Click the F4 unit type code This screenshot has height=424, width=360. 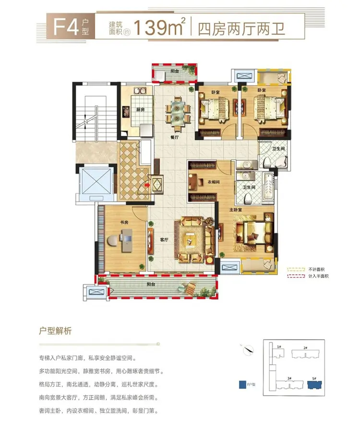pyautogui.click(x=66, y=27)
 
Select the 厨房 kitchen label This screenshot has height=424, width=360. pyautogui.click(x=140, y=109)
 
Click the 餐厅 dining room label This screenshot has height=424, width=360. pyautogui.click(x=175, y=137)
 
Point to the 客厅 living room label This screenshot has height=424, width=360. pyautogui.click(x=164, y=240)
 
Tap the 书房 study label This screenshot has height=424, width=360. pyautogui.click(x=124, y=222)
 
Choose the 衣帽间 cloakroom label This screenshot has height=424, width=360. pyautogui.click(x=213, y=182)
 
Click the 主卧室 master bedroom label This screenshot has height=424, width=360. pyautogui.click(x=236, y=210)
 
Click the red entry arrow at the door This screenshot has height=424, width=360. pyautogui.click(x=147, y=185)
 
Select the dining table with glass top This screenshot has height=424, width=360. pyautogui.click(x=178, y=112)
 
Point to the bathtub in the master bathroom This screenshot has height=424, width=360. pyautogui.click(x=268, y=187)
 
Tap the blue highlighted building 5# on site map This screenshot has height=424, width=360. pyautogui.click(x=314, y=385)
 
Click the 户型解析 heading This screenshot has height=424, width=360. pyautogui.click(x=55, y=331)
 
